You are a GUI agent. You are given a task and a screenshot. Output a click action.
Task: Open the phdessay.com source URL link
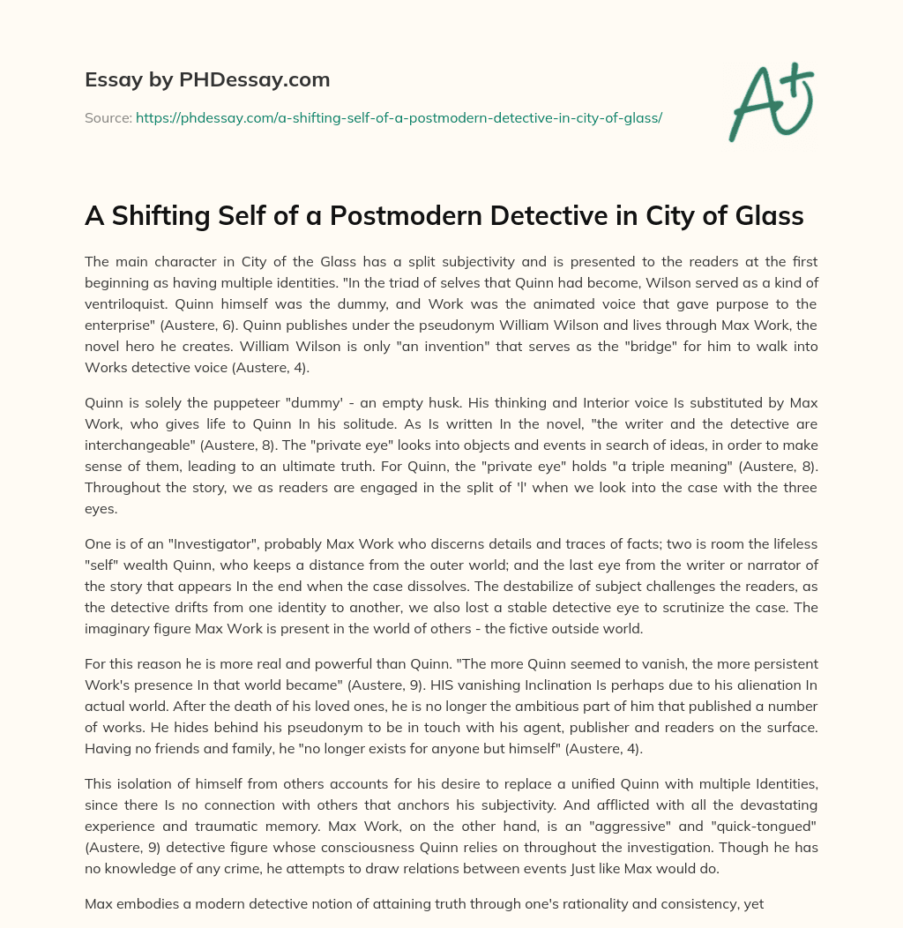399,117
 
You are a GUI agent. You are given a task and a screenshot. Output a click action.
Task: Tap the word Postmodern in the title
437,216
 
